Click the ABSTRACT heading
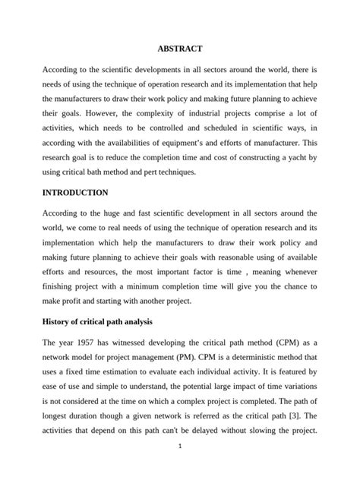(x=180, y=49)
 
